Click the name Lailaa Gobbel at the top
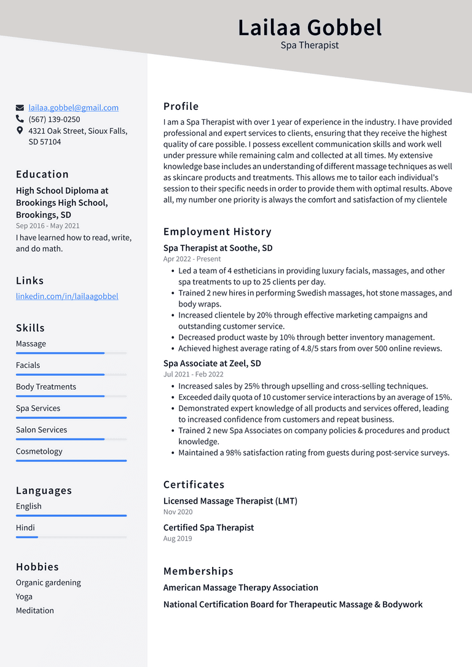pyautogui.click(x=310, y=28)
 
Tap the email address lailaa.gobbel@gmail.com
pyautogui.click(x=73, y=107)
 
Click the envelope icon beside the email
pyautogui.click(x=20, y=107)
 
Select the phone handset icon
pyautogui.click(x=20, y=119)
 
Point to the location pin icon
pyautogui.click(x=20, y=131)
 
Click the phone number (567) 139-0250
pyautogui.click(x=54, y=119)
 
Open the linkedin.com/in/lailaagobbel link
pyautogui.click(x=67, y=296)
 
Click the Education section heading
pyautogui.click(x=42, y=174)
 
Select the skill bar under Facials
pyautogui.click(x=71, y=375)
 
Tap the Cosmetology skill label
pyautogui.click(x=39, y=451)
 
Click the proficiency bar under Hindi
pyautogui.click(x=71, y=537)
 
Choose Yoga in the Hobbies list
pyautogui.click(x=25, y=596)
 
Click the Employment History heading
pyautogui.click(x=217, y=232)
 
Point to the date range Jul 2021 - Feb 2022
pyautogui.click(x=193, y=374)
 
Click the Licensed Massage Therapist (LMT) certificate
pyautogui.click(x=230, y=501)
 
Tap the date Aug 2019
pyautogui.click(x=178, y=539)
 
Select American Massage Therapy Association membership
pyautogui.click(x=240, y=588)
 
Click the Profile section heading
pyautogui.click(x=181, y=106)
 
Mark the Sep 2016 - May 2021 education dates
pyautogui.click(x=47, y=225)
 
